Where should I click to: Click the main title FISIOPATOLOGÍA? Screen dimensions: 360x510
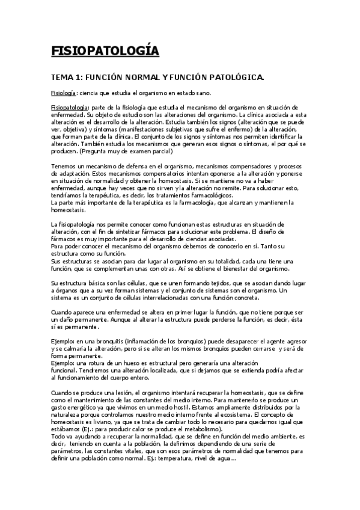105,51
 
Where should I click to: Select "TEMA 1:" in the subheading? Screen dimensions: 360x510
66,78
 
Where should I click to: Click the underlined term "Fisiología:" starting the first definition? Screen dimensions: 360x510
64,93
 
